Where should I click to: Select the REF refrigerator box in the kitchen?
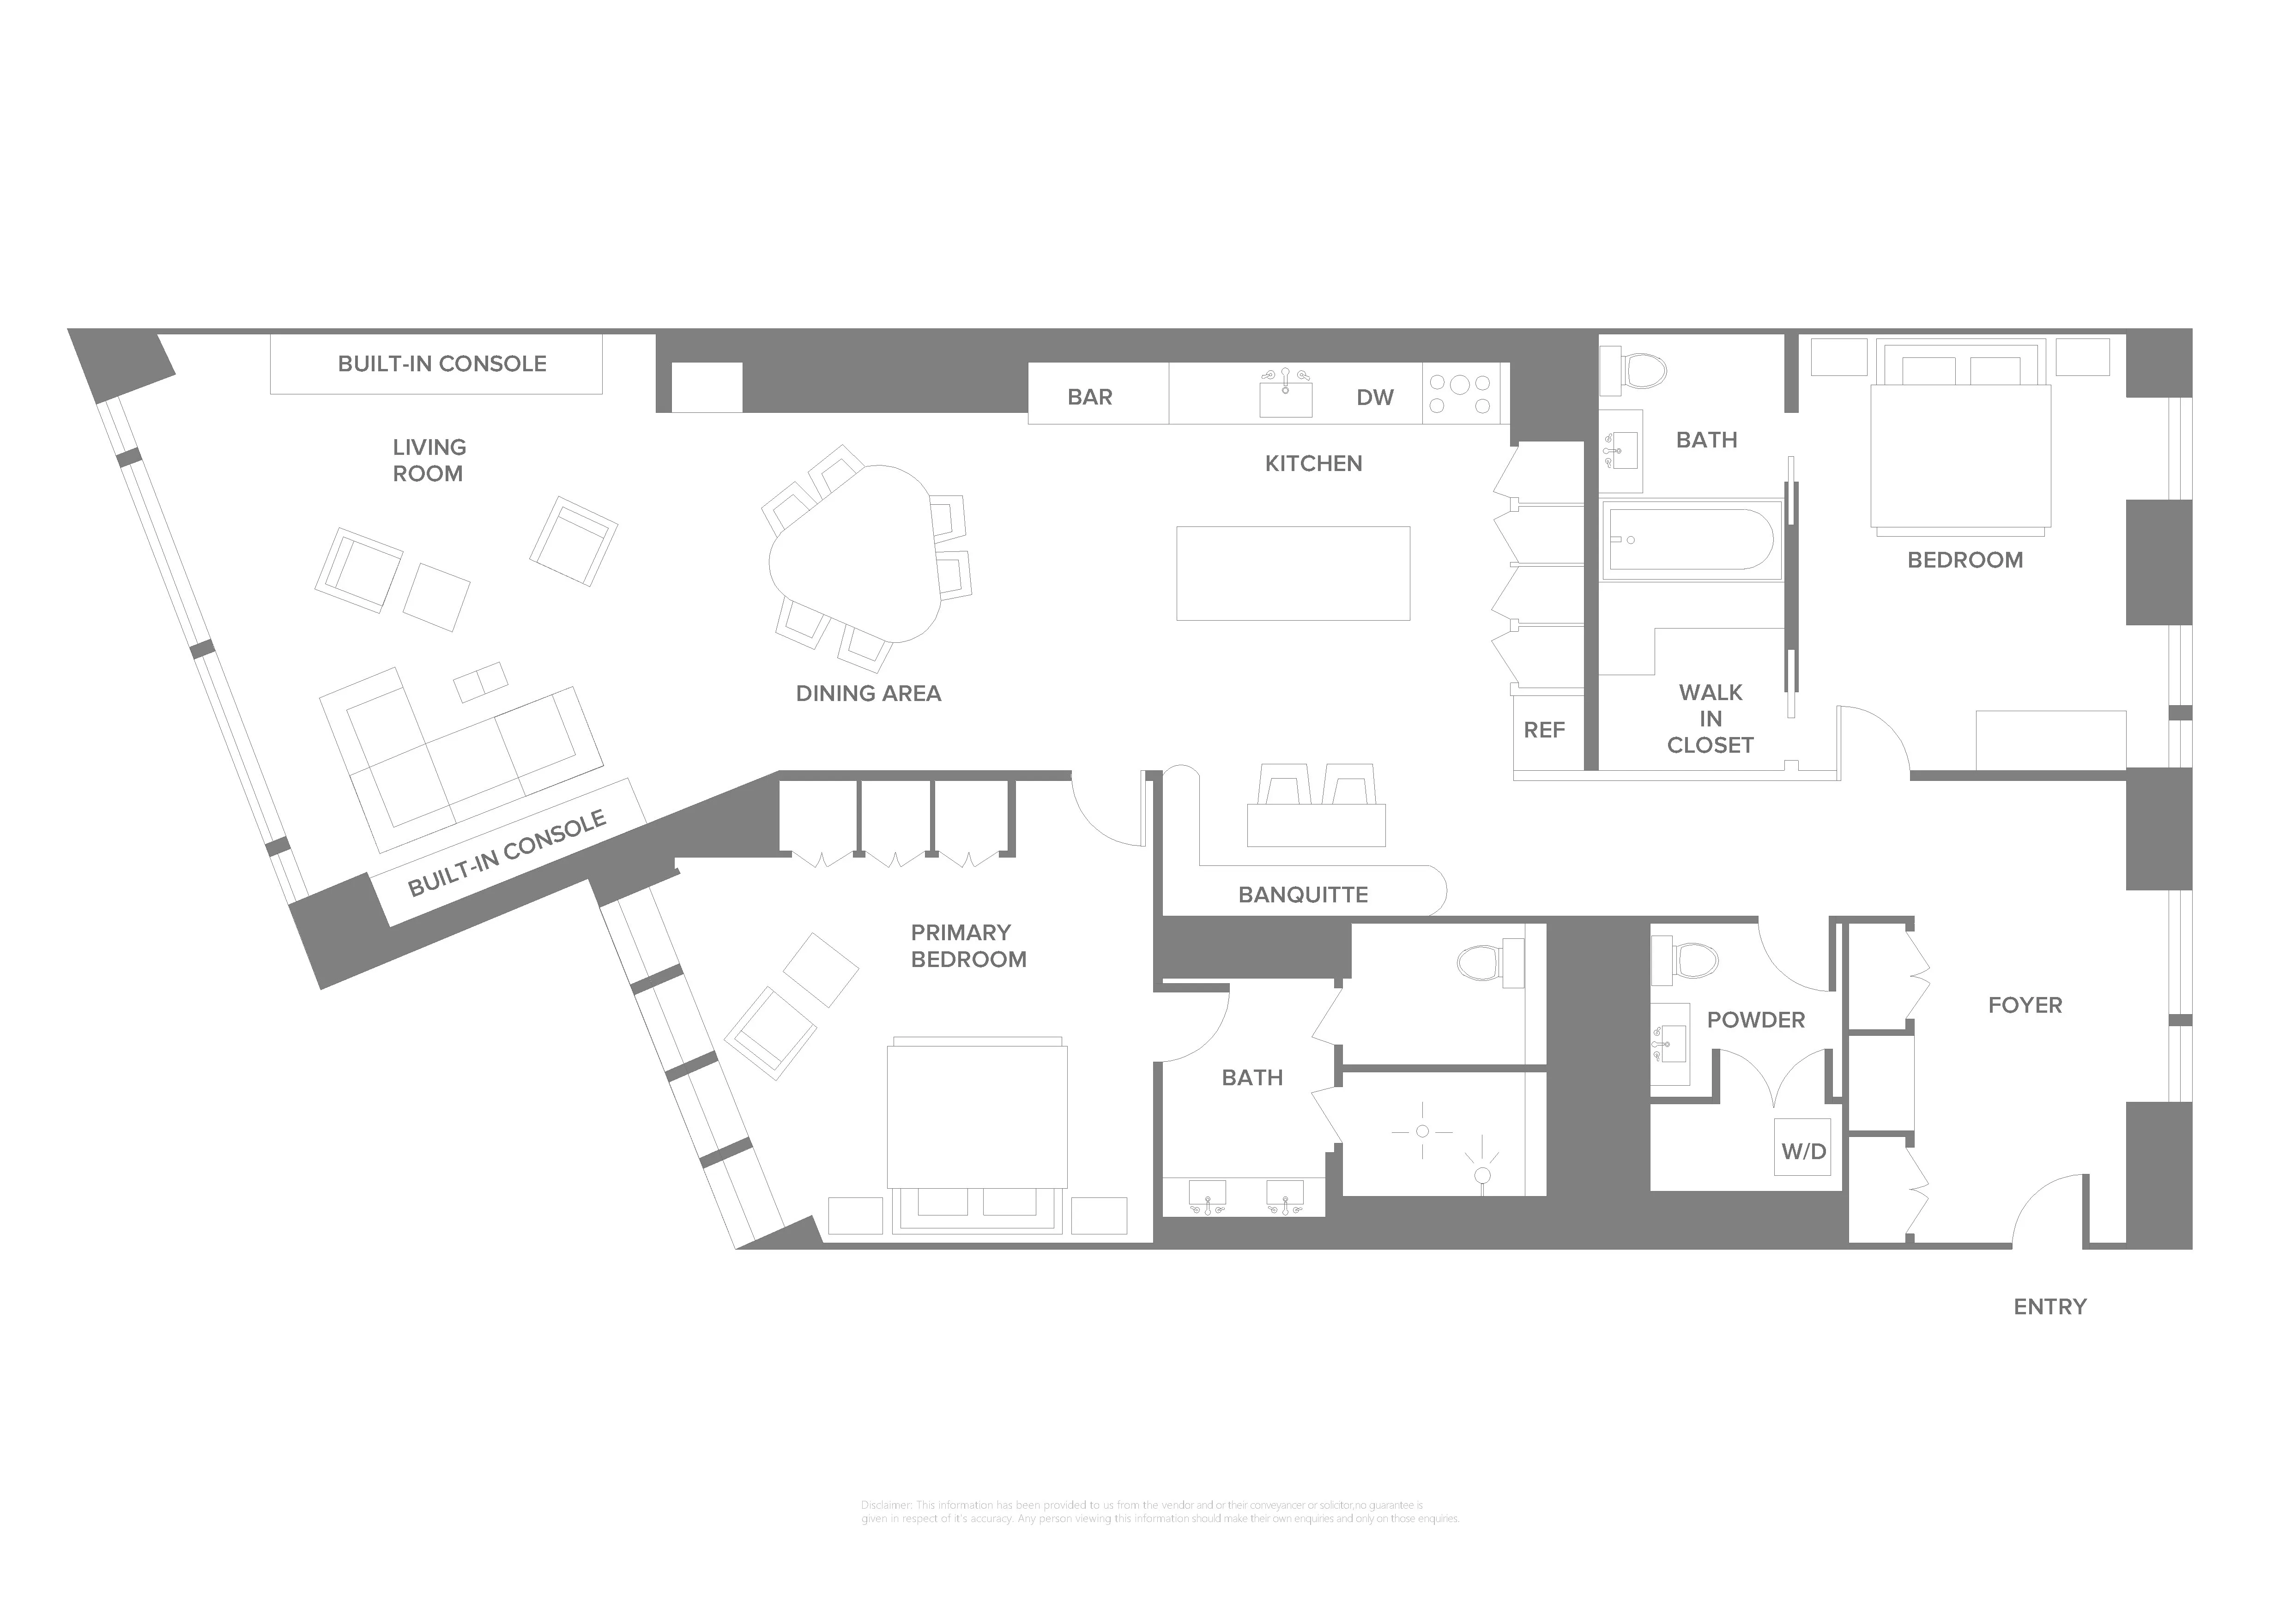point(1544,730)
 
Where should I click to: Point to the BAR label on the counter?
point(1090,397)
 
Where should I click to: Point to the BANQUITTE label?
point(1302,895)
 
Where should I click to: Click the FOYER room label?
point(2025,1005)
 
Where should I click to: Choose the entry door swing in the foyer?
point(2045,1212)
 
